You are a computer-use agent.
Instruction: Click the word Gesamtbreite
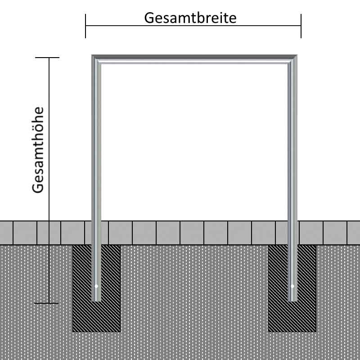[x=190, y=18]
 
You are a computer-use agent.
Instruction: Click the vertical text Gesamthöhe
[x=38, y=150]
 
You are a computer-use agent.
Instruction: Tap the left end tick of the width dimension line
[x=85, y=26]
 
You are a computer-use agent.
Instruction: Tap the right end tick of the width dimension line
[x=301, y=26]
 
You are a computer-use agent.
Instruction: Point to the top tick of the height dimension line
[x=47, y=58]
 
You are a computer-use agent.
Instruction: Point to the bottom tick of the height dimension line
[x=46, y=303]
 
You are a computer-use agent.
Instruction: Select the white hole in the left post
[x=96, y=286]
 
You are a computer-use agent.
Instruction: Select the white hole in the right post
[x=292, y=286]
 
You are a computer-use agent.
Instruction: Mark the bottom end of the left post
[x=96, y=301]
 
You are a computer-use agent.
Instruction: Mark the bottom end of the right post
[x=292, y=301]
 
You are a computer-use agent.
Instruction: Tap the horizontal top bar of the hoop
[x=194, y=59]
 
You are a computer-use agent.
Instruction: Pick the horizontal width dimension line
[x=193, y=26]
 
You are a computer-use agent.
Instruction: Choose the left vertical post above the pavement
[x=96, y=140]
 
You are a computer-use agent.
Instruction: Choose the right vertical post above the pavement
[x=292, y=140]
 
